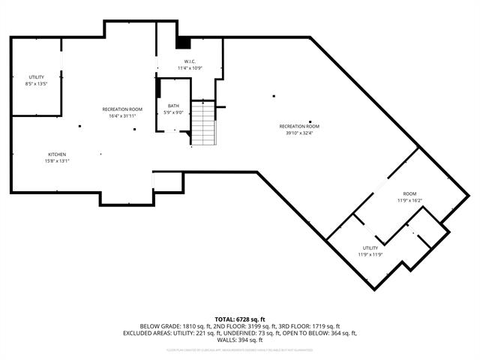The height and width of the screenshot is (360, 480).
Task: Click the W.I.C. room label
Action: click(190, 61)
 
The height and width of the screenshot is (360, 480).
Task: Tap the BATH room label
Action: click(173, 106)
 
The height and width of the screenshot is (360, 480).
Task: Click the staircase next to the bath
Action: click(202, 123)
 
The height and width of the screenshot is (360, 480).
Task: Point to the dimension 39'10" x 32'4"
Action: click(299, 133)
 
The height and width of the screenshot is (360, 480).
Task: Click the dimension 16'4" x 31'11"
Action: click(122, 116)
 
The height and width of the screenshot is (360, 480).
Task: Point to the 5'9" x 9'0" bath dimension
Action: click(173, 112)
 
